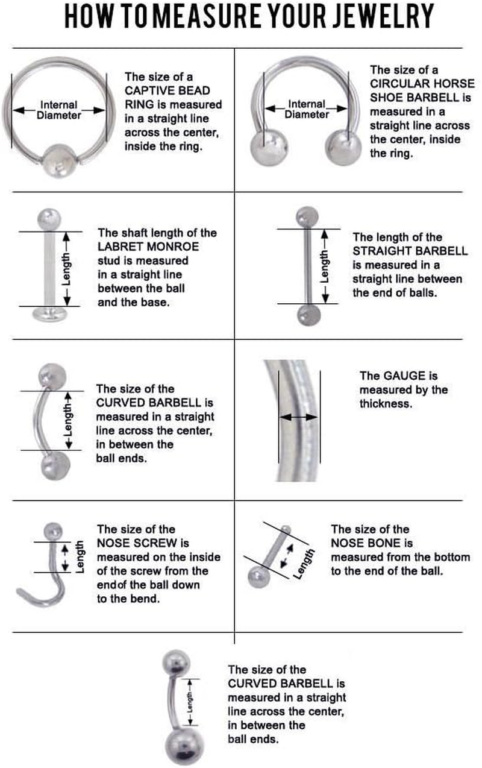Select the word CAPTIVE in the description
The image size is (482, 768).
click(146, 90)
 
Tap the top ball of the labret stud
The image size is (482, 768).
click(49, 217)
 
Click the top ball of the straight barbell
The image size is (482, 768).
click(307, 215)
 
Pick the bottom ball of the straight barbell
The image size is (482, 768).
click(307, 314)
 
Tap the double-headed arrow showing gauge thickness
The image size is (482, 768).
click(299, 417)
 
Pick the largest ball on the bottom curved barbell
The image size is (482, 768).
click(179, 745)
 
